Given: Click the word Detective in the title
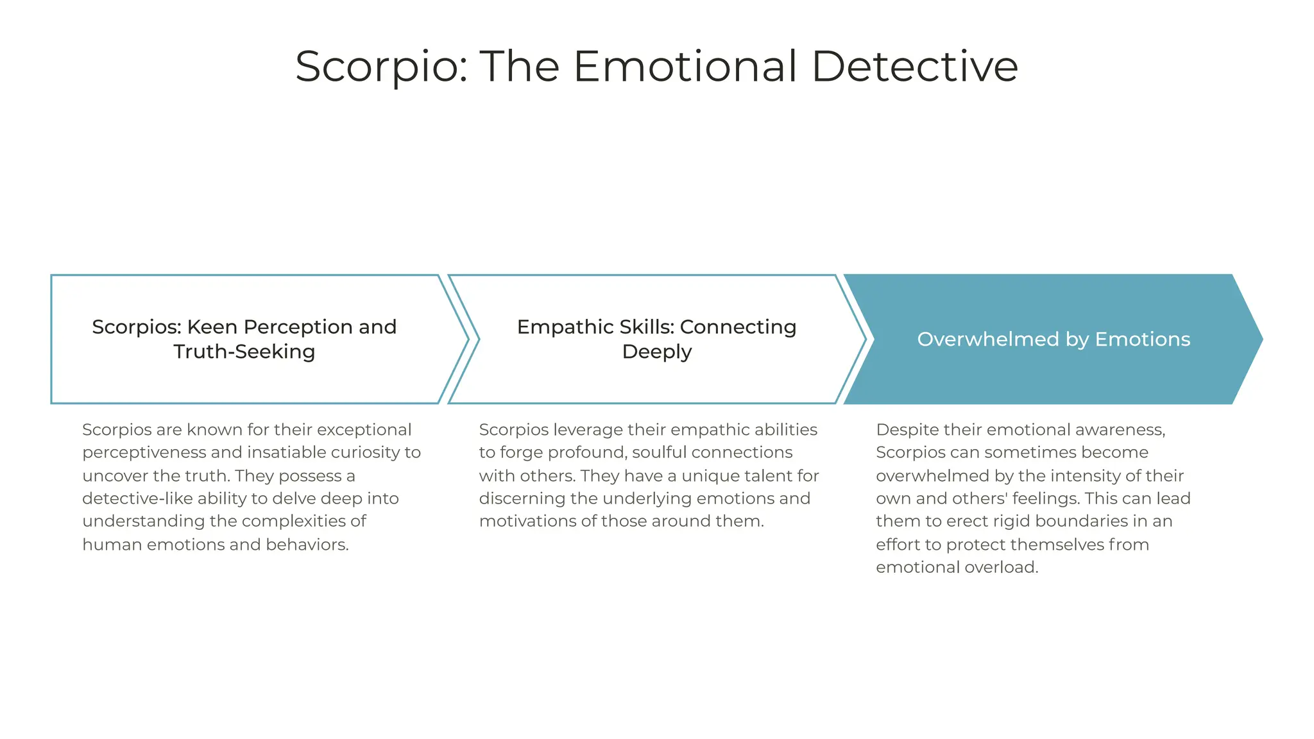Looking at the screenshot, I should (x=914, y=66).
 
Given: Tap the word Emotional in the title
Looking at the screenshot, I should (x=685, y=66).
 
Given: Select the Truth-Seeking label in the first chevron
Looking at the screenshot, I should (x=244, y=352).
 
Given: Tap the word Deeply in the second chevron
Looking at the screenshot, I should (x=656, y=352).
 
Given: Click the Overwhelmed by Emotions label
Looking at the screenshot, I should (x=1054, y=339).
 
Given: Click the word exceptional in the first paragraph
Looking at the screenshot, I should (x=364, y=430).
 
